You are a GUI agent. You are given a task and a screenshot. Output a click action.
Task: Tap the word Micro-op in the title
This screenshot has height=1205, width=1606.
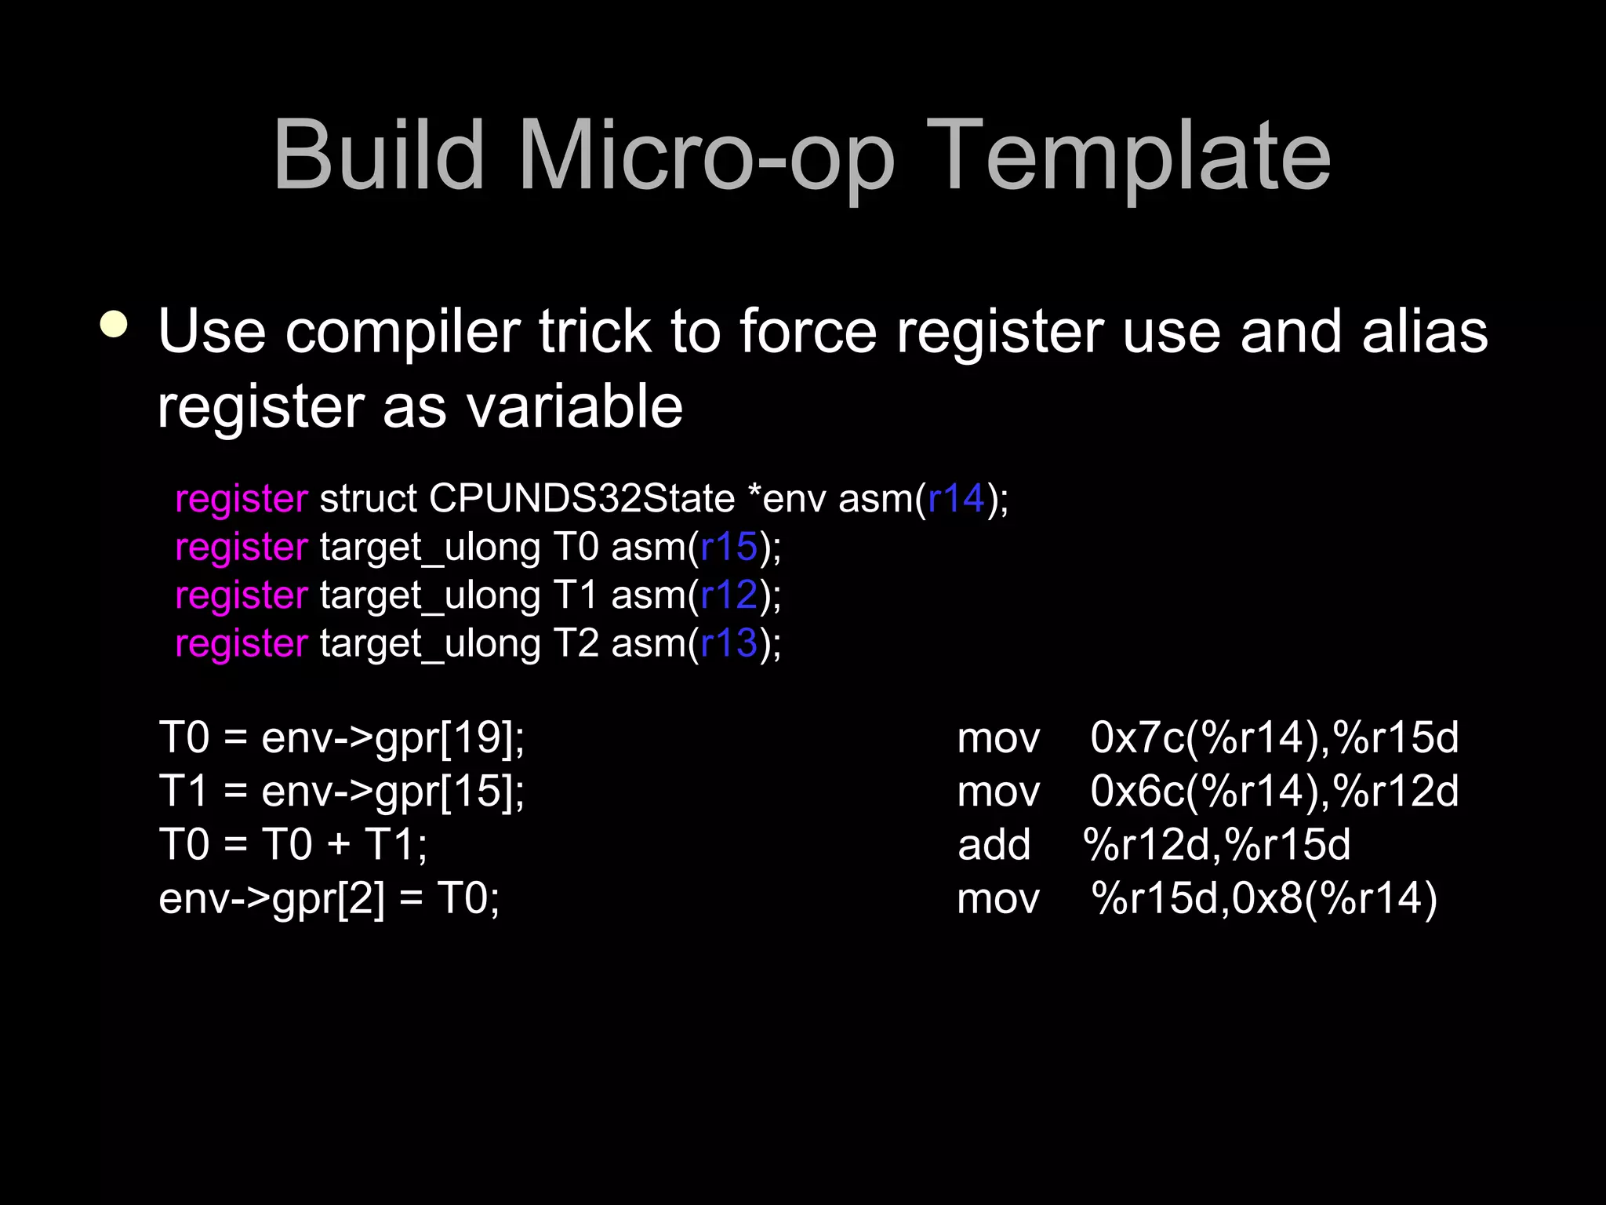pyautogui.click(x=706, y=157)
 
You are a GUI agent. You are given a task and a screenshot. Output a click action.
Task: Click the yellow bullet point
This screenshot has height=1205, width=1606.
pyautogui.click(x=114, y=324)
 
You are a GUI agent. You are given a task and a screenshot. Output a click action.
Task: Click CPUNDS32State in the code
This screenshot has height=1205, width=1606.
pyautogui.click(x=582, y=499)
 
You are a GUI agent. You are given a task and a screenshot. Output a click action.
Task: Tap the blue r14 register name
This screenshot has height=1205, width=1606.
pyautogui.click(x=955, y=499)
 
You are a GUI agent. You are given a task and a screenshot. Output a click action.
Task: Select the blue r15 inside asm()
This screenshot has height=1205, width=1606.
pyautogui.click(x=729, y=547)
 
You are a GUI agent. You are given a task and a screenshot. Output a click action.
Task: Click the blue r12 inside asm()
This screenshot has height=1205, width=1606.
pyautogui.click(x=729, y=595)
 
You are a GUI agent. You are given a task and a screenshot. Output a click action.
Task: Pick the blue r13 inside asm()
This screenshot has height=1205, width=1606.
pyautogui.click(x=729, y=643)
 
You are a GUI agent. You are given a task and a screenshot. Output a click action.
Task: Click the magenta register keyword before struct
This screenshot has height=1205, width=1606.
pyautogui.click(x=242, y=500)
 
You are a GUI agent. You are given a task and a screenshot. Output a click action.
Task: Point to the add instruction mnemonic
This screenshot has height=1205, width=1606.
pyautogui.click(x=994, y=845)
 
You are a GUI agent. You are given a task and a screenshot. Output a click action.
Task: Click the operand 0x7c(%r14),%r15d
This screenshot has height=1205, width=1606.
pyautogui.click(x=1274, y=738)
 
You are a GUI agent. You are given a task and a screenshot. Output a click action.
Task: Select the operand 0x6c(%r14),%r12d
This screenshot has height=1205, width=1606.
pyautogui.click(x=1274, y=791)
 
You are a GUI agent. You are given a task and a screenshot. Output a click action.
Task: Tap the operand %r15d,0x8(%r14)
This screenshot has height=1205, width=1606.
pyautogui.click(x=1264, y=898)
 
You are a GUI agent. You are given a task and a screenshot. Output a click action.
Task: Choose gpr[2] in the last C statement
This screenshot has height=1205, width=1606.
pyautogui.click(x=329, y=899)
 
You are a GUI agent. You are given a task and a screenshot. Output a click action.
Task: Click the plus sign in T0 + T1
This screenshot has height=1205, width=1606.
pyautogui.click(x=339, y=846)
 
